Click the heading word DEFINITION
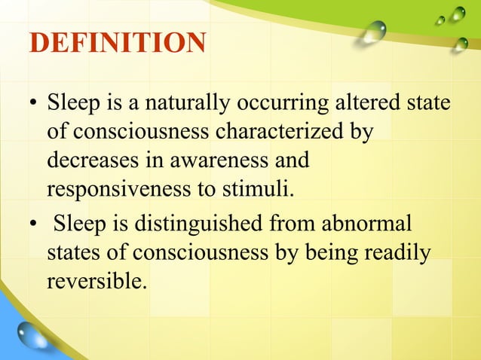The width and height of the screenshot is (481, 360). coord(117,43)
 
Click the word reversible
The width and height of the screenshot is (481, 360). coord(94,281)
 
